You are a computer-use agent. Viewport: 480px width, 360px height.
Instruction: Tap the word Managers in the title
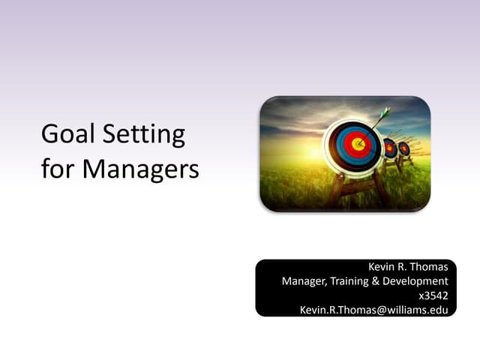tap(140, 168)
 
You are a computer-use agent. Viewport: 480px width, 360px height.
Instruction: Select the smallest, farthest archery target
tap(404, 148)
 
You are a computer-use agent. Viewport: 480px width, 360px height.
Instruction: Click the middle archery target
tap(390, 148)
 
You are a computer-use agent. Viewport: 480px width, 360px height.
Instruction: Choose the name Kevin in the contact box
tap(382, 267)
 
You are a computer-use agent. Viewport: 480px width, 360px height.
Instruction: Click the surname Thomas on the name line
tap(430, 267)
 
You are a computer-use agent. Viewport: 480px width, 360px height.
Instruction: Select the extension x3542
tap(433, 295)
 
